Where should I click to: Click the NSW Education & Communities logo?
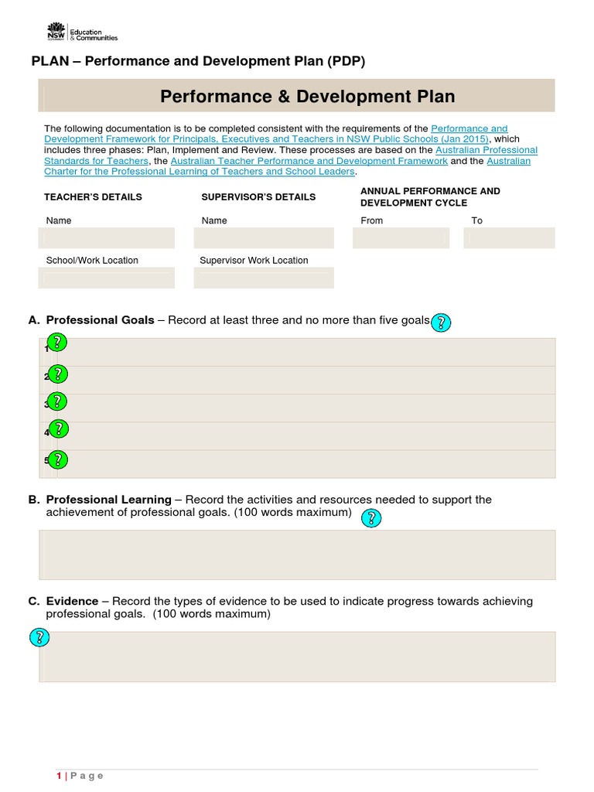(81, 32)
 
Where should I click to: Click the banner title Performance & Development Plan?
(307, 97)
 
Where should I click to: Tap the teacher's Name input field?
(107, 238)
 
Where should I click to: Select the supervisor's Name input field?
(264, 238)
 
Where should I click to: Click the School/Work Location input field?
(107, 278)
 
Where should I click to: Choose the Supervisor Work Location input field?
(264, 278)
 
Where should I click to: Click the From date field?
(401, 238)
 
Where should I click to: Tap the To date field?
(509, 238)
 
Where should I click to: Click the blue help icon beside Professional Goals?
(440, 323)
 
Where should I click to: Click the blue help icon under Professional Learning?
(371, 518)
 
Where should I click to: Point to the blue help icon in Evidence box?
(39, 637)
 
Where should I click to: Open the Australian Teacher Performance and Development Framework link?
(309, 161)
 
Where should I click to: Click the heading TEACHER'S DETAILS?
(93, 197)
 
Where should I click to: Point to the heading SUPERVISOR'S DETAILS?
(258, 197)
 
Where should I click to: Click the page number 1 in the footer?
(59, 776)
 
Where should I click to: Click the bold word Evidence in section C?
(72, 601)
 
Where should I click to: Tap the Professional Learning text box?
(297, 555)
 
